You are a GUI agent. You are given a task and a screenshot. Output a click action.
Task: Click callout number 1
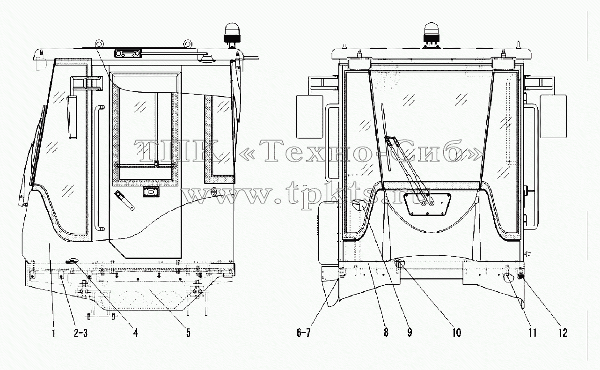tap(53, 333)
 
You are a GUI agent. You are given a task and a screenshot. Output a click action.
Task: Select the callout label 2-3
tap(80, 333)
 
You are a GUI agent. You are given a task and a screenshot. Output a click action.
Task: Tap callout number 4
tap(136, 333)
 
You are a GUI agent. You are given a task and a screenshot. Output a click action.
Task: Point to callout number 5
tap(188, 333)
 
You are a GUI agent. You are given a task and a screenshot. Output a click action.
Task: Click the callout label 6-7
tap(303, 333)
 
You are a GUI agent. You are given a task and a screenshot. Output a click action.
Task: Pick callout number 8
tap(386, 333)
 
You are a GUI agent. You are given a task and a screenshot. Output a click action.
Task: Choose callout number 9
tap(410, 333)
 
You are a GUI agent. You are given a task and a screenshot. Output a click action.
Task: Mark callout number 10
tap(457, 333)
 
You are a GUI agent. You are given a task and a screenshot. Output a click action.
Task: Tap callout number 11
tap(532, 333)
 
